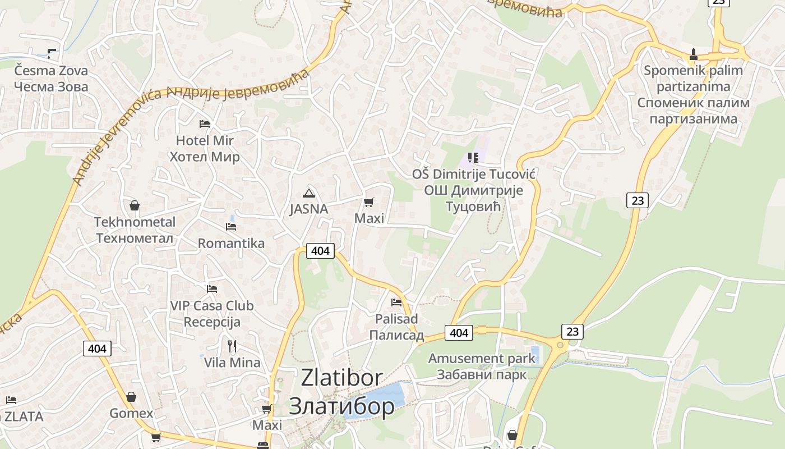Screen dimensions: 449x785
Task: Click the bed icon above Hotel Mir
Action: [x=205, y=123]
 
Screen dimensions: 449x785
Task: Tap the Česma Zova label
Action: [x=51, y=71]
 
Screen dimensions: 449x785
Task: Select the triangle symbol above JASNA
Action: [x=308, y=194]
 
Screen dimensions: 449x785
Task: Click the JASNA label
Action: [x=308, y=209]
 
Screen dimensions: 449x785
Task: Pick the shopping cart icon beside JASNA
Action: [x=368, y=202]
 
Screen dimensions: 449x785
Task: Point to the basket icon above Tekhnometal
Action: [x=135, y=205]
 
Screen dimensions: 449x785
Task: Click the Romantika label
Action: [x=231, y=244]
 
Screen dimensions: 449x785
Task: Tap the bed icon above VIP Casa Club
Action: [x=211, y=289]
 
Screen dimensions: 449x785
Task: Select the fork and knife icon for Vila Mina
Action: [x=232, y=346]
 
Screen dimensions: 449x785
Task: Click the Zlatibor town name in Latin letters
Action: [x=341, y=378]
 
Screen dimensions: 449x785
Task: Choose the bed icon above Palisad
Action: [x=396, y=303]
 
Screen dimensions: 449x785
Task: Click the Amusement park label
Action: [x=482, y=358]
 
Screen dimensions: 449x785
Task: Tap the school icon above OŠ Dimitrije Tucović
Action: [x=473, y=158]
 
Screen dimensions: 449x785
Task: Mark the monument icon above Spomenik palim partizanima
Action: [x=693, y=54]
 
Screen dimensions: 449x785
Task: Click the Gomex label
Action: [x=131, y=414]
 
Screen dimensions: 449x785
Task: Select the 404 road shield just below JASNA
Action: [x=320, y=251]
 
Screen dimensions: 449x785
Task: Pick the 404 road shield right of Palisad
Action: [x=459, y=333]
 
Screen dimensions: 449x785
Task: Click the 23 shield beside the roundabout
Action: [x=572, y=331]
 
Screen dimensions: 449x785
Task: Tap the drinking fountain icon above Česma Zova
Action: [x=52, y=54]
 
